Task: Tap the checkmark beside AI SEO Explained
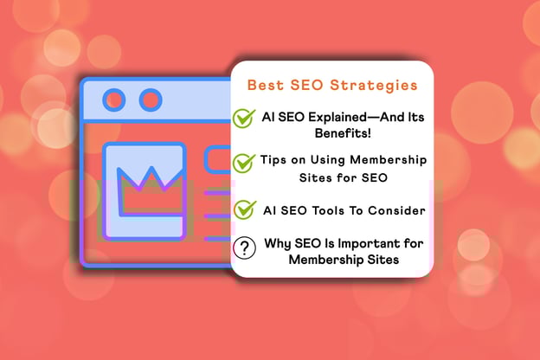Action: coord(245,119)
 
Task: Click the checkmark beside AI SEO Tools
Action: coord(245,209)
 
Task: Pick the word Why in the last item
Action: coord(274,243)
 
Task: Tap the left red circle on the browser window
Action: coord(111,100)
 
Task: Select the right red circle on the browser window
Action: coord(150,100)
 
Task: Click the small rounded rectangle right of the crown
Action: coord(216,159)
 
